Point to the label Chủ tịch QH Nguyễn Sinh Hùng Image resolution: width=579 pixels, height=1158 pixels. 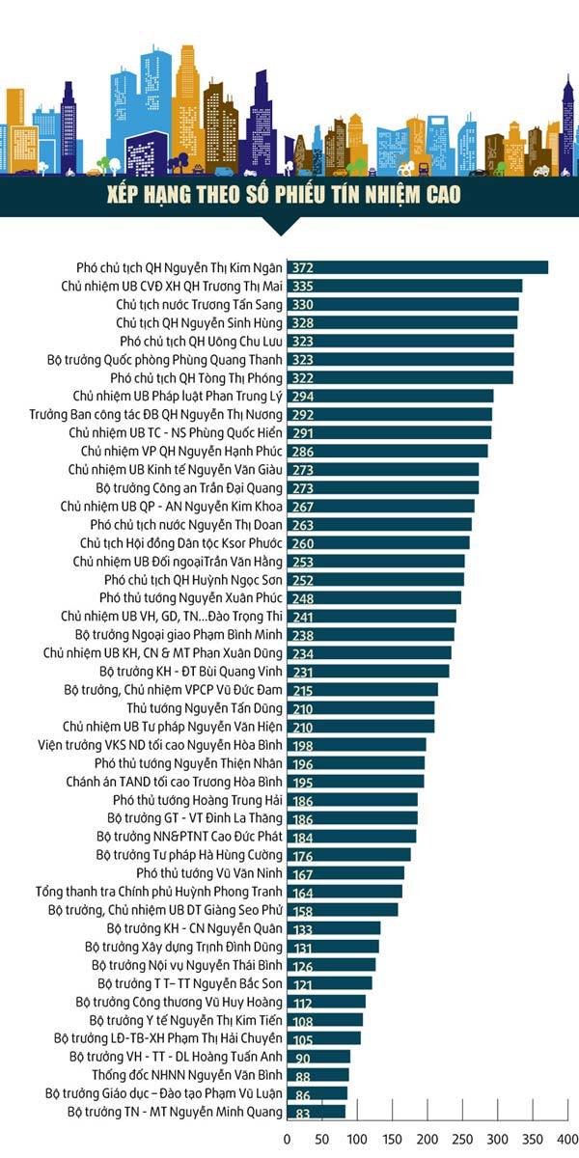pyautogui.click(x=200, y=322)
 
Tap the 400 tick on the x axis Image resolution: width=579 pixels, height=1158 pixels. pyautogui.click(x=566, y=1139)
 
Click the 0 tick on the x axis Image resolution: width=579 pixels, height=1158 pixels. pyautogui.click(x=287, y=1139)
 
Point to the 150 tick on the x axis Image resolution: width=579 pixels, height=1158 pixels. pyautogui.click(x=392, y=1139)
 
